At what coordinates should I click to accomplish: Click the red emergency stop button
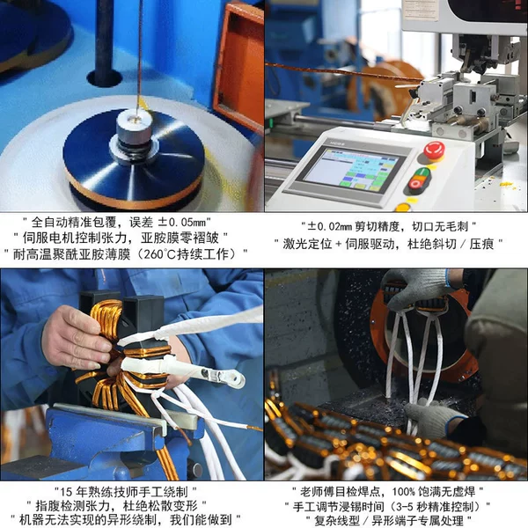point(434,150)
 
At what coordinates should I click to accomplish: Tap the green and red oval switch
point(419,180)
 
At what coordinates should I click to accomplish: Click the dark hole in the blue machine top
point(105,78)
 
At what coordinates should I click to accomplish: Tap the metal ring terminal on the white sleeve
point(225,378)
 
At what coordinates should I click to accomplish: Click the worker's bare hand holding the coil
point(77,338)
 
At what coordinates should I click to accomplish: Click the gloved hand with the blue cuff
point(435,419)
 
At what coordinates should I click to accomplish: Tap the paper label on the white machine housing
point(422,9)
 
